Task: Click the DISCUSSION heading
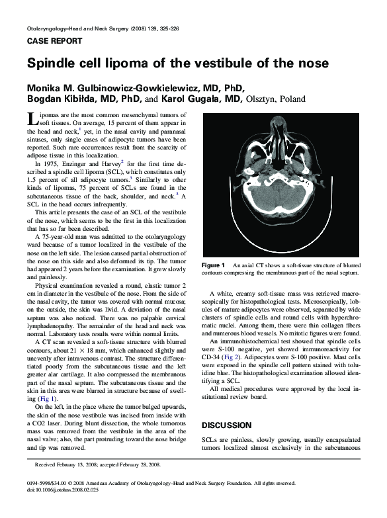(226, 425)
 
